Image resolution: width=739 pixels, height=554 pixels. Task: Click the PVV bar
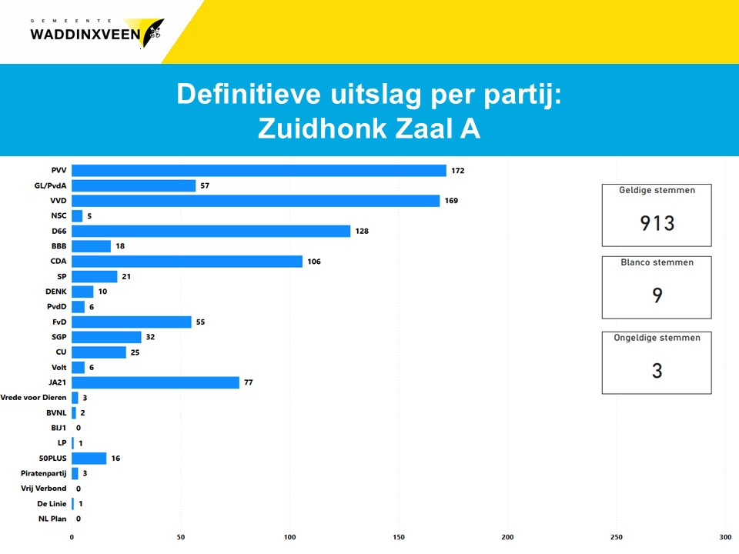point(259,171)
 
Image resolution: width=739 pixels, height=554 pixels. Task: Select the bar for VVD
point(256,201)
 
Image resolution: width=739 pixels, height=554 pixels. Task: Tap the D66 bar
point(211,231)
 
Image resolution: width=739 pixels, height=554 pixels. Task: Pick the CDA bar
point(187,262)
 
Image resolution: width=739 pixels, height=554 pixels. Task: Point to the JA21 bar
point(155,382)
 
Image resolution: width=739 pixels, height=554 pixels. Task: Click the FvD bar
point(132,322)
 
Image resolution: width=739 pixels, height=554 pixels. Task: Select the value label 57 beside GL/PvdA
point(205,186)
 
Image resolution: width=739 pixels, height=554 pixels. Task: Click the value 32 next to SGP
point(151,337)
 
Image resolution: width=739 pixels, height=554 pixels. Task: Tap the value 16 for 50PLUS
point(115,459)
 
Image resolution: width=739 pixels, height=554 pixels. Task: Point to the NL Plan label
point(52,519)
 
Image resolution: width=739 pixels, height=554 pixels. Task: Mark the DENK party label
point(56,292)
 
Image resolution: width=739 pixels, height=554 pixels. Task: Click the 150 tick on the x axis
point(399,537)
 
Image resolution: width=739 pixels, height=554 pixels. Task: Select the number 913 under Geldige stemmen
point(657,223)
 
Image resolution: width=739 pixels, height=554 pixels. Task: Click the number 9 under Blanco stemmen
point(657,295)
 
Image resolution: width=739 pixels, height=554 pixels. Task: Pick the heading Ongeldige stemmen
point(657,338)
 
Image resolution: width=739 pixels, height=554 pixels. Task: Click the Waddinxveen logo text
point(85,33)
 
